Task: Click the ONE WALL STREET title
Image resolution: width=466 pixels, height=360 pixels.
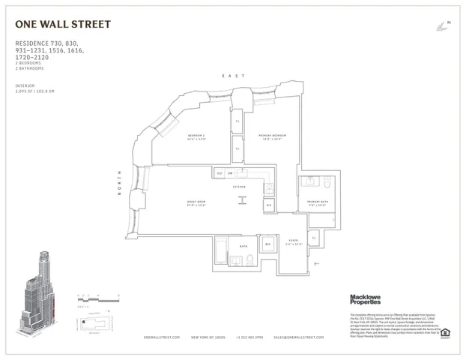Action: (63, 25)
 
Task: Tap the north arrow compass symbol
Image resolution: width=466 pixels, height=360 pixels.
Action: (442, 25)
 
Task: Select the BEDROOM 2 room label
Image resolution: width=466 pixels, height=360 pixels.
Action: (196, 136)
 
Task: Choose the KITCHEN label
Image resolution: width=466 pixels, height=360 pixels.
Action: (240, 186)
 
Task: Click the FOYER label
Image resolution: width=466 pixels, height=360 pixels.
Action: (294, 241)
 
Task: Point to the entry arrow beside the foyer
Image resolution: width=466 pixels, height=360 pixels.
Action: (318, 263)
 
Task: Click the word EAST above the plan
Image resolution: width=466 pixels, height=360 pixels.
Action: (229, 76)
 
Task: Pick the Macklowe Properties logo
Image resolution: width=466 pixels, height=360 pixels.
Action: (366, 299)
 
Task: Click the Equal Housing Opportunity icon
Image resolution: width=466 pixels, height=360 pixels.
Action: (445, 332)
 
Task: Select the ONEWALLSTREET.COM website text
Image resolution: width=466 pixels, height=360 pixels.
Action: (161, 338)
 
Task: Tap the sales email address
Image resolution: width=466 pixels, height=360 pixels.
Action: (298, 338)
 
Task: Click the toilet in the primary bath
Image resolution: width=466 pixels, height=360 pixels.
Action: (327, 183)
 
